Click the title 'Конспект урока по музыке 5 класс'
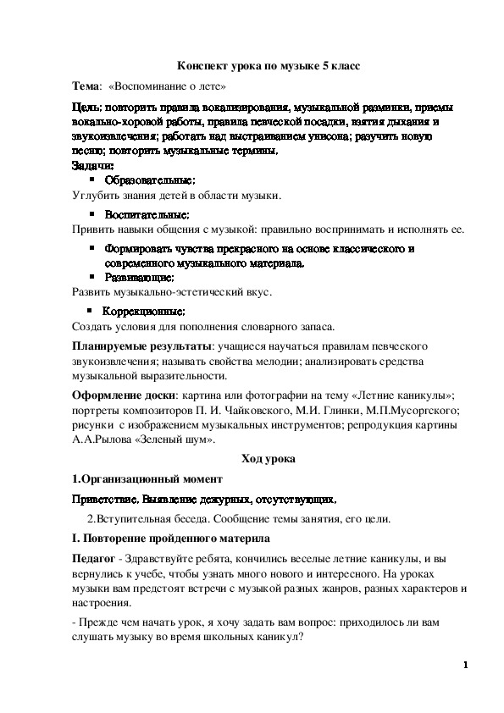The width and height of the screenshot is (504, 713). [x=251, y=65]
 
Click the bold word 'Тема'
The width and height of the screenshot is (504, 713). [x=86, y=86]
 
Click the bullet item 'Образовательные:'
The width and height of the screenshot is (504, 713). [x=150, y=180]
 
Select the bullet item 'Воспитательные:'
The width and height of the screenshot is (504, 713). [x=147, y=214]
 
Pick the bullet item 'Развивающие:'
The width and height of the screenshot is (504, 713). [x=140, y=277]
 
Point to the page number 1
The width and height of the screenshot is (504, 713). [x=465, y=666]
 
